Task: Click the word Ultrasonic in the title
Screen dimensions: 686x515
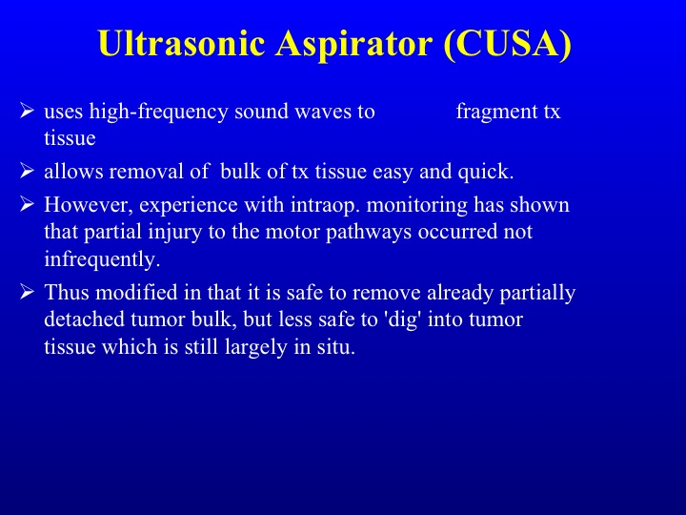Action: (x=182, y=43)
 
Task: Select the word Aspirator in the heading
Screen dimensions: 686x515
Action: (x=353, y=45)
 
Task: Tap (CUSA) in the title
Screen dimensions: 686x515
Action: (x=508, y=44)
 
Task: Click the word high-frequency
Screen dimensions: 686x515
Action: (x=158, y=113)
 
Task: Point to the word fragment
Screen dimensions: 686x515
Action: (x=496, y=113)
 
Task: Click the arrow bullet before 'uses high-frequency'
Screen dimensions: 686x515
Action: (x=27, y=111)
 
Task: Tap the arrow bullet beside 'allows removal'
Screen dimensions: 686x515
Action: (x=27, y=171)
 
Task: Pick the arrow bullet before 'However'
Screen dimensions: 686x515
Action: (x=27, y=204)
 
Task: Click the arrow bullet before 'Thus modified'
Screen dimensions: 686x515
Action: (x=27, y=292)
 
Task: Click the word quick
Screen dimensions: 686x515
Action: (x=486, y=172)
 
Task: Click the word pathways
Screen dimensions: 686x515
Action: (x=369, y=233)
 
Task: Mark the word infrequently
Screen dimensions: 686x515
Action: (x=102, y=259)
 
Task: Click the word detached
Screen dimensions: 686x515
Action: (x=85, y=319)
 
